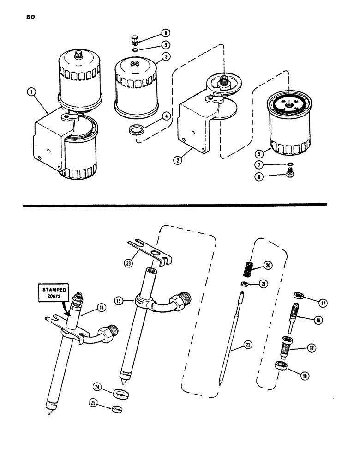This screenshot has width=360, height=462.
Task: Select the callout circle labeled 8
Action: coord(165,33)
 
